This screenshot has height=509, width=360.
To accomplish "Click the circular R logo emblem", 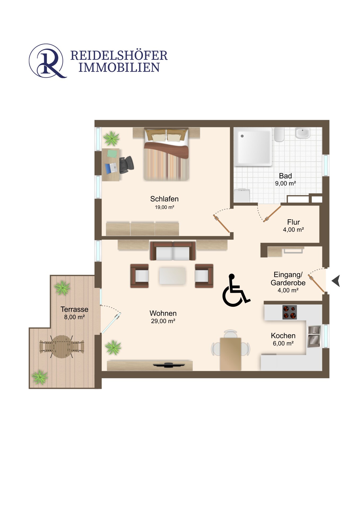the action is coord(47,61).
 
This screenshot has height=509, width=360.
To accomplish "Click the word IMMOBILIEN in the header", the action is coord(119,67).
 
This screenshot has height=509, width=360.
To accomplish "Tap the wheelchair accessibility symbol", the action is coord(236,290).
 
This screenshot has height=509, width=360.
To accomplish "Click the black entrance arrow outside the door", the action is coord(336,281).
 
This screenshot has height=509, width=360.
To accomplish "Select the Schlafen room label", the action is coord(164,199).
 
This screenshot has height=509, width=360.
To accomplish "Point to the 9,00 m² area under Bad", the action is coord(285,183).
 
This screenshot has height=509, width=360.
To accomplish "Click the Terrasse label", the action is coord(74,309).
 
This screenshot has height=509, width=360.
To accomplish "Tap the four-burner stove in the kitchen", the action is coord(289,312).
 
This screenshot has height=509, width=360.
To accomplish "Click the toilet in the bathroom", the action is coord(279,134).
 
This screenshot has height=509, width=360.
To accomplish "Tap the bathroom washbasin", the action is coord(302,133).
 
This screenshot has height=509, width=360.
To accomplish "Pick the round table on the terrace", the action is coord(62,347).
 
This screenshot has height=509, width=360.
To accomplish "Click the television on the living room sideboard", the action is coord(169,365).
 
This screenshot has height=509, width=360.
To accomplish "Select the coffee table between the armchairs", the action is coord(172,276).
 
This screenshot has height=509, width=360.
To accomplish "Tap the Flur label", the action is coord(293,222).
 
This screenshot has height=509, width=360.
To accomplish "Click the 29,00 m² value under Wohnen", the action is coord(163,321).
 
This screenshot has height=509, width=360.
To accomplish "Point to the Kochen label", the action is coord(283,336).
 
